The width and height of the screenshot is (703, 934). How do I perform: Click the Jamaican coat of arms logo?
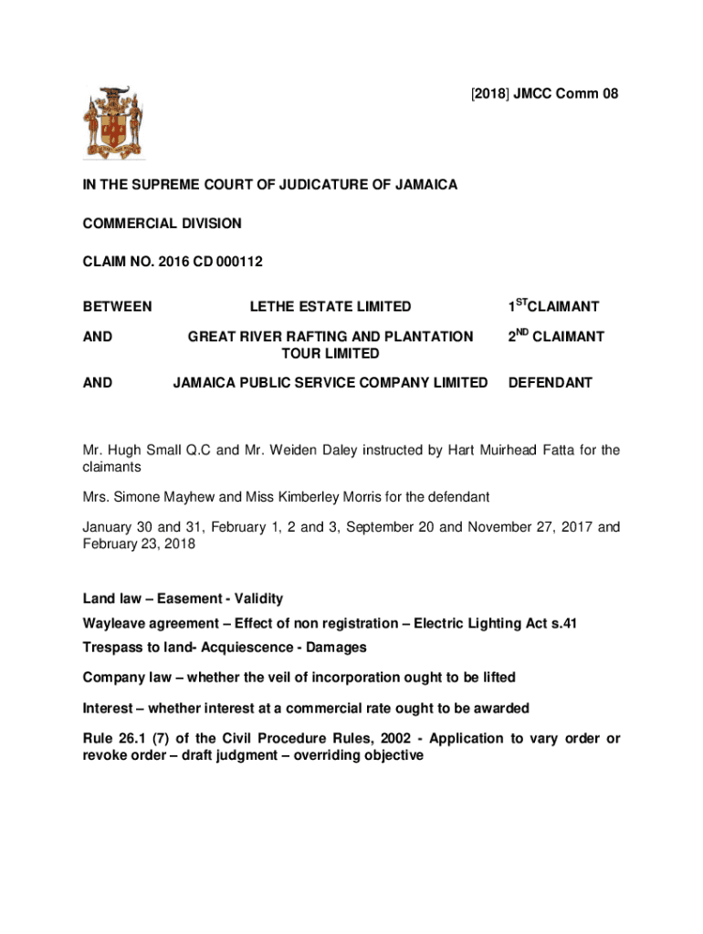coord(114,121)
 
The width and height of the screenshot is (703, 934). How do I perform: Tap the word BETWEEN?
coord(117,307)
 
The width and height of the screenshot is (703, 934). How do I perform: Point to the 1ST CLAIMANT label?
coord(553,307)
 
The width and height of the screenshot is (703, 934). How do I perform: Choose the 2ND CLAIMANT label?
coord(556,337)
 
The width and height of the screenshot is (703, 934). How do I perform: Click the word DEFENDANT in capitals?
coord(551,383)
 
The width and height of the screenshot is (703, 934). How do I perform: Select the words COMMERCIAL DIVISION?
coord(163,223)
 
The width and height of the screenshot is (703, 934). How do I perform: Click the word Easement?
coord(193,599)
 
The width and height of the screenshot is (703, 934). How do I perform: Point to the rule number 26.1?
coord(131,738)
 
